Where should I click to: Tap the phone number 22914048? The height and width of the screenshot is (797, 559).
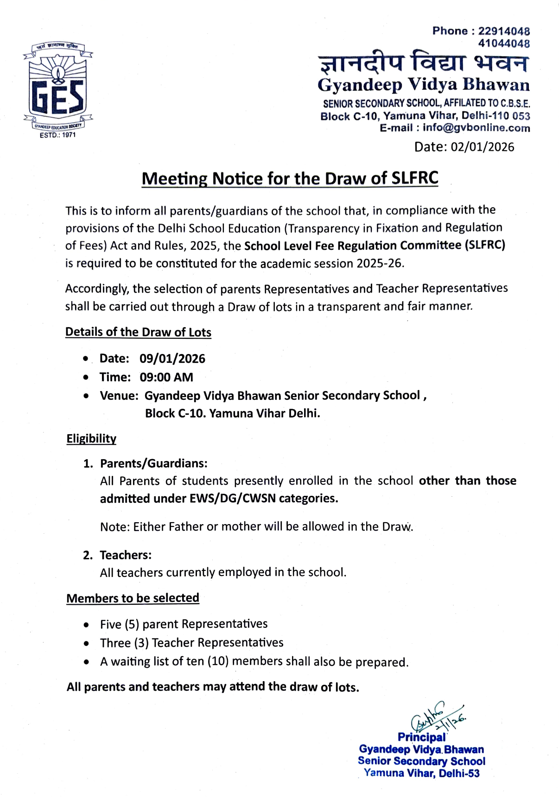tap(504, 31)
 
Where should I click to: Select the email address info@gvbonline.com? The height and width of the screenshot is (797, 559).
tap(476, 128)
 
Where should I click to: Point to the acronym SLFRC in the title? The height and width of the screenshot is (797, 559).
tap(415, 178)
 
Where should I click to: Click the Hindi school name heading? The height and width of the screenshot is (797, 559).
tap(423, 64)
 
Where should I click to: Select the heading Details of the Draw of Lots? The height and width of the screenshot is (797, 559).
tap(138, 332)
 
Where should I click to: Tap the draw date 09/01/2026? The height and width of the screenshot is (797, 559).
tap(172, 359)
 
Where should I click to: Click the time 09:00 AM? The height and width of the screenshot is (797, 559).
tap(166, 377)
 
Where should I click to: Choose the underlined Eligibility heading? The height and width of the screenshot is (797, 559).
tap(91, 439)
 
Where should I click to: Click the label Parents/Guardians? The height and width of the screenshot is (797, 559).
tap(154, 463)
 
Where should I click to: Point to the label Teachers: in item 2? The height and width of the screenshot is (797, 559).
tap(126, 555)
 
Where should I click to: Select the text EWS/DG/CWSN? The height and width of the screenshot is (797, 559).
tap(233, 499)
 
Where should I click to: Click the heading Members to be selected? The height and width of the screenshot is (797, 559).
tap(133, 598)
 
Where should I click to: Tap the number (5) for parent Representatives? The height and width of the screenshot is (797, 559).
tap(132, 625)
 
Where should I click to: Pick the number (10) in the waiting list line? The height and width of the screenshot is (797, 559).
tap(218, 661)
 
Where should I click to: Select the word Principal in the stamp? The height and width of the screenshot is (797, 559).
tap(421, 737)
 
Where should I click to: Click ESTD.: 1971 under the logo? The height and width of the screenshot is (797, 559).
tap(57, 135)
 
